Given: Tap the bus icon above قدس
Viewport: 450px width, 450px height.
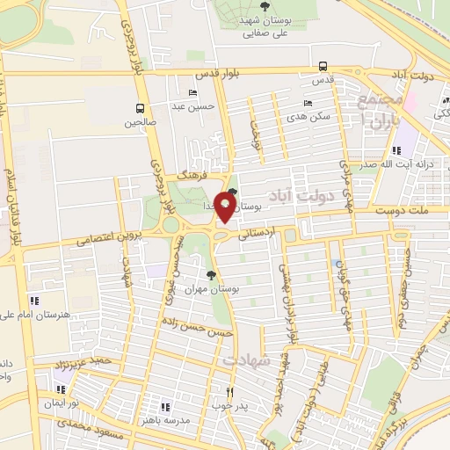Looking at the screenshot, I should [323, 66].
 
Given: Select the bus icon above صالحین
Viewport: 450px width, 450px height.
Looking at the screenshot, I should [138, 109].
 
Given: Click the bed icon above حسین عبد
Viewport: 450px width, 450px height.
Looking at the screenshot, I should [192, 94].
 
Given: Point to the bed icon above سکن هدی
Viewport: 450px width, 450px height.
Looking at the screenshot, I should [307, 103].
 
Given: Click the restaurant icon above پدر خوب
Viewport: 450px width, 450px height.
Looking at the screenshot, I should [230, 392].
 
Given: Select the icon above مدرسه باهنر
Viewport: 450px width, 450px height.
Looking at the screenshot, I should [164, 406].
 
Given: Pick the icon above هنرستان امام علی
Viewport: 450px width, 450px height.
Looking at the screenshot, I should [33, 301].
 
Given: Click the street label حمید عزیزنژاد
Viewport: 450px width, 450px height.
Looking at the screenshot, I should [62, 363].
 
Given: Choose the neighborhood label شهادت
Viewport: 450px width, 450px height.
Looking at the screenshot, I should [243, 361].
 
